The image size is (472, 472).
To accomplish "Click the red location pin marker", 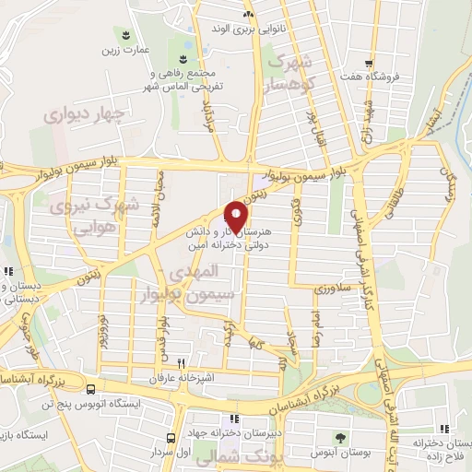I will (x=237, y=216).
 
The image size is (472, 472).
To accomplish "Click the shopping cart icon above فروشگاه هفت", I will (x=369, y=64).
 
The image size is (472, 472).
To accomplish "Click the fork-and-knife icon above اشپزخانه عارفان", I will (x=181, y=363).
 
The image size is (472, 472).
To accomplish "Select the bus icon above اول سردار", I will (x=171, y=438).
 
